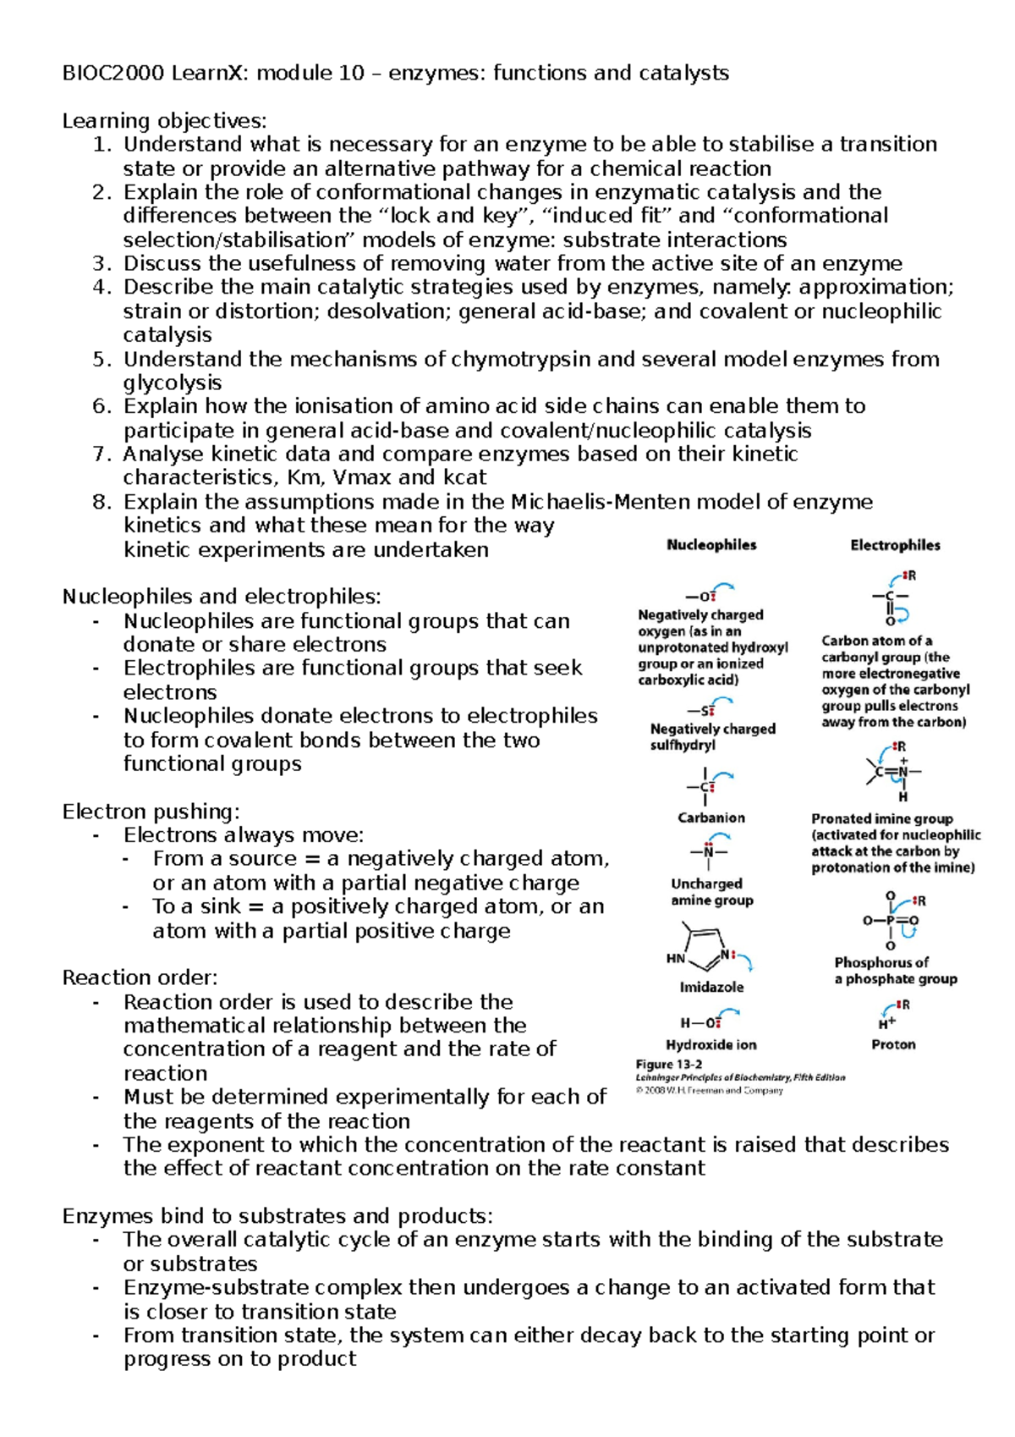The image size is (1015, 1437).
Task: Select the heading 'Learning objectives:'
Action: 164,121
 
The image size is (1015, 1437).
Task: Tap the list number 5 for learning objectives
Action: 101,360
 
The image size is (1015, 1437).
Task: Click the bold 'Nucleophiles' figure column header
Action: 711,545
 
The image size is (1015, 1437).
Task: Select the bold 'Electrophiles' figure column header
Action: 895,546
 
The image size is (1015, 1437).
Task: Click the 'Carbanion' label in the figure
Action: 711,818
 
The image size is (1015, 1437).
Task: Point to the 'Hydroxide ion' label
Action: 711,1045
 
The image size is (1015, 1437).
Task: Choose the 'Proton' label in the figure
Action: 893,1045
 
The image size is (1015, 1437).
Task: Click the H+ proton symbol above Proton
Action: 886,1022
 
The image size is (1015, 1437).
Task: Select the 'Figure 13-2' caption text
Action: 668,1065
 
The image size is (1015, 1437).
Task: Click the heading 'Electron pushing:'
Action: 151,812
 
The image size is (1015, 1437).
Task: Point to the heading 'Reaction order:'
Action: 140,978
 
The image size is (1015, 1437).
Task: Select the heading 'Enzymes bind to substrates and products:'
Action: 277,1217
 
